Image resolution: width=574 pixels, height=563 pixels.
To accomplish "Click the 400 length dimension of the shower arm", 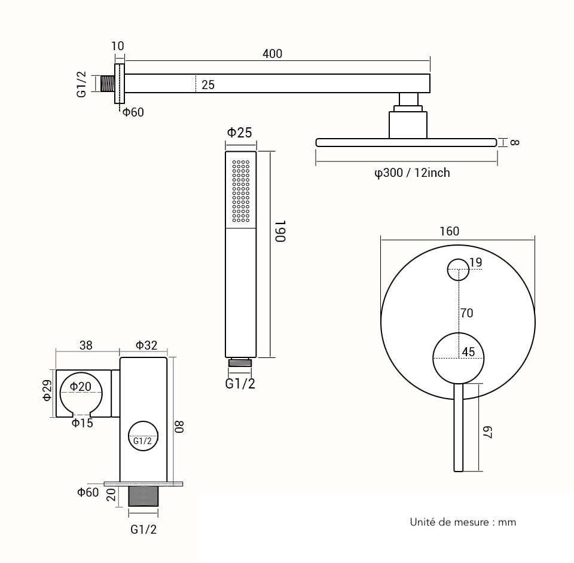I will coord(272,54).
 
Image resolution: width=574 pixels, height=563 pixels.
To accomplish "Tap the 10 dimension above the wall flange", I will coord(118,47).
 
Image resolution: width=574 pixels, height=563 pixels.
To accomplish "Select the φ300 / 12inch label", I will coord(412,173).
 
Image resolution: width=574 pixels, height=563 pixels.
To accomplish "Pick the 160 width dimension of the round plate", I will coord(449,231).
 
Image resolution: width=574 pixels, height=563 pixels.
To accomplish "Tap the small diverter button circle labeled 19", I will coord(459,269).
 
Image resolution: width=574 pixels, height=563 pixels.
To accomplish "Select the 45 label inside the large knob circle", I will coord(468,352).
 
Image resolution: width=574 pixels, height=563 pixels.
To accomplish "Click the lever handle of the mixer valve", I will coord(458,427).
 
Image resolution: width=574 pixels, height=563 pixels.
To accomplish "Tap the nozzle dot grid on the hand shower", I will coord(240,191).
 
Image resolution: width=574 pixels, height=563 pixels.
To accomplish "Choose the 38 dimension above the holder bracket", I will coord(86,345).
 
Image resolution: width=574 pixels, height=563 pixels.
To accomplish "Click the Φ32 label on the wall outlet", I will coord(146,345).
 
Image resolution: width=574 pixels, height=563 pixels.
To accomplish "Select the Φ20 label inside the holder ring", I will coord(81,387).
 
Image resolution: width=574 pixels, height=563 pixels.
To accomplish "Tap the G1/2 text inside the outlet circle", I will coord(142,441).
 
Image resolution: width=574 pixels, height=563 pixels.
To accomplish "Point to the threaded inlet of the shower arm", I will coord(108,84).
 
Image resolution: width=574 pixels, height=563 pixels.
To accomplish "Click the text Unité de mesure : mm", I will coord(463,522).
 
